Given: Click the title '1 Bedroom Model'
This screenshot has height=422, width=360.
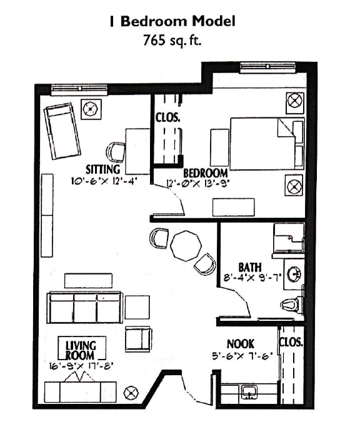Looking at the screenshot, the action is pyautogui.click(x=172, y=21).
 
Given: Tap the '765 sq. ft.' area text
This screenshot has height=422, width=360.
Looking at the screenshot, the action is pyautogui.click(x=172, y=41).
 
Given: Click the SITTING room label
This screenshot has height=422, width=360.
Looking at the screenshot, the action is pyautogui.click(x=103, y=169).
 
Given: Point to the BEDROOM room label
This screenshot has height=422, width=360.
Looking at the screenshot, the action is pyautogui.click(x=206, y=173).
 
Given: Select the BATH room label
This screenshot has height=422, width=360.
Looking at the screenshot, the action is pyautogui.click(x=250, y=267).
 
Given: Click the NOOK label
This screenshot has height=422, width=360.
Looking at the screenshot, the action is pyautogui.click(x=241, y=344).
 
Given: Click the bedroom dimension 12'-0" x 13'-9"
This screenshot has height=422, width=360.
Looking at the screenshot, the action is pyautogui.click(x=198, y=184).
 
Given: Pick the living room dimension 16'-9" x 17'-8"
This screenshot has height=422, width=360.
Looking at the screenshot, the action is pyautogui.click(x=81, y=366).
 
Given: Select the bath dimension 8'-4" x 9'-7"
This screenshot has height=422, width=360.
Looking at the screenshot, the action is pyautogui.click(x=252, y=277).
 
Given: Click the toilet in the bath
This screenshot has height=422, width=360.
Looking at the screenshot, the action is pyautogui.click(x=292, y=305).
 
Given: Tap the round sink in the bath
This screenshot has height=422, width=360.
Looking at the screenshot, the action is pyautogui.click(x=294, y=274).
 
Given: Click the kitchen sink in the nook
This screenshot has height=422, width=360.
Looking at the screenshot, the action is pyautogui.click(x=249, y=392).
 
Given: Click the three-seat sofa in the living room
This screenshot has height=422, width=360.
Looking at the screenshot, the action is pyautogui.click(x=85, y=308).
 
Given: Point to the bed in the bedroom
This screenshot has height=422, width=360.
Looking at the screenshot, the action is pyautogui.click(x=267, y=144).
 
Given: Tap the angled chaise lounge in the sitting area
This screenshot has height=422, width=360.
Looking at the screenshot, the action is pyautogui.click(x=62, y=131).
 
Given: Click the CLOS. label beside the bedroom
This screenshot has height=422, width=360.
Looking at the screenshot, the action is pyautogui.click(x=167, y=117).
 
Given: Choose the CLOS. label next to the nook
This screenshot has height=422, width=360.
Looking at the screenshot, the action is pyautogui.click(x=291, y=342).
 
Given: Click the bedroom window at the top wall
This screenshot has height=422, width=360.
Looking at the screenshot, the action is pyautogui.click(x=268, y=67).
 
